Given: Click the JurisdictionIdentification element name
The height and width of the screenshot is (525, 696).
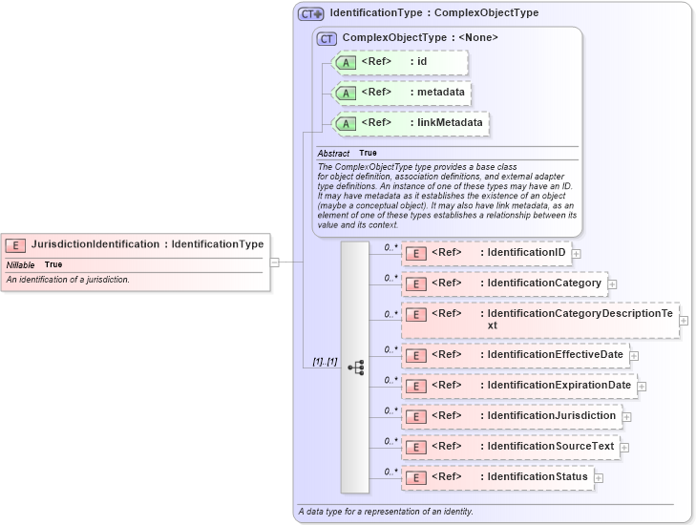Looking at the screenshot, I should (x=95, y=244).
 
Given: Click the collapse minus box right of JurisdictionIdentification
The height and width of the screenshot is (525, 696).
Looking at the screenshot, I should (x=274, y=261).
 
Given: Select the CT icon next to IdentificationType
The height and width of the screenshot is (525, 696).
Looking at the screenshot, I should (x=311, y=14).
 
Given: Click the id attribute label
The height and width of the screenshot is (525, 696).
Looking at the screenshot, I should (x=422, y=62).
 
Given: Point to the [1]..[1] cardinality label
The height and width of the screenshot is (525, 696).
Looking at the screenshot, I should (x=326, y=362).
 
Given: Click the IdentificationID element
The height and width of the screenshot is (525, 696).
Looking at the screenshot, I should (x=486, y=253).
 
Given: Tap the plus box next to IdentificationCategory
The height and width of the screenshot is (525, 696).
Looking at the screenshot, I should (x=612, y=283).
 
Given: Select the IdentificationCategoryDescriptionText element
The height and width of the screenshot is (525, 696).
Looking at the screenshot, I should (x=541, y=320).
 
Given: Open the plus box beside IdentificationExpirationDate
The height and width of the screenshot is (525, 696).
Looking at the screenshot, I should (x=642, y=387).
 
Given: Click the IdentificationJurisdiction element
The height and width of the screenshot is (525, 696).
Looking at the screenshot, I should (x=511, y=416).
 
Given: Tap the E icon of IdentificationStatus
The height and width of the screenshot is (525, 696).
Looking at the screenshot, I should (x=416, y=477).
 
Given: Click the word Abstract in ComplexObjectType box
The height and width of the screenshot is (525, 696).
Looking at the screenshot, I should (x=333, y=154).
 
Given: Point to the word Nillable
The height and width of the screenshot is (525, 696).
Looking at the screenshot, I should (x=21, y=264).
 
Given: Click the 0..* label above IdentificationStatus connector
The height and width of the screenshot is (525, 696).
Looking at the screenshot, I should (x=390, y=471).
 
